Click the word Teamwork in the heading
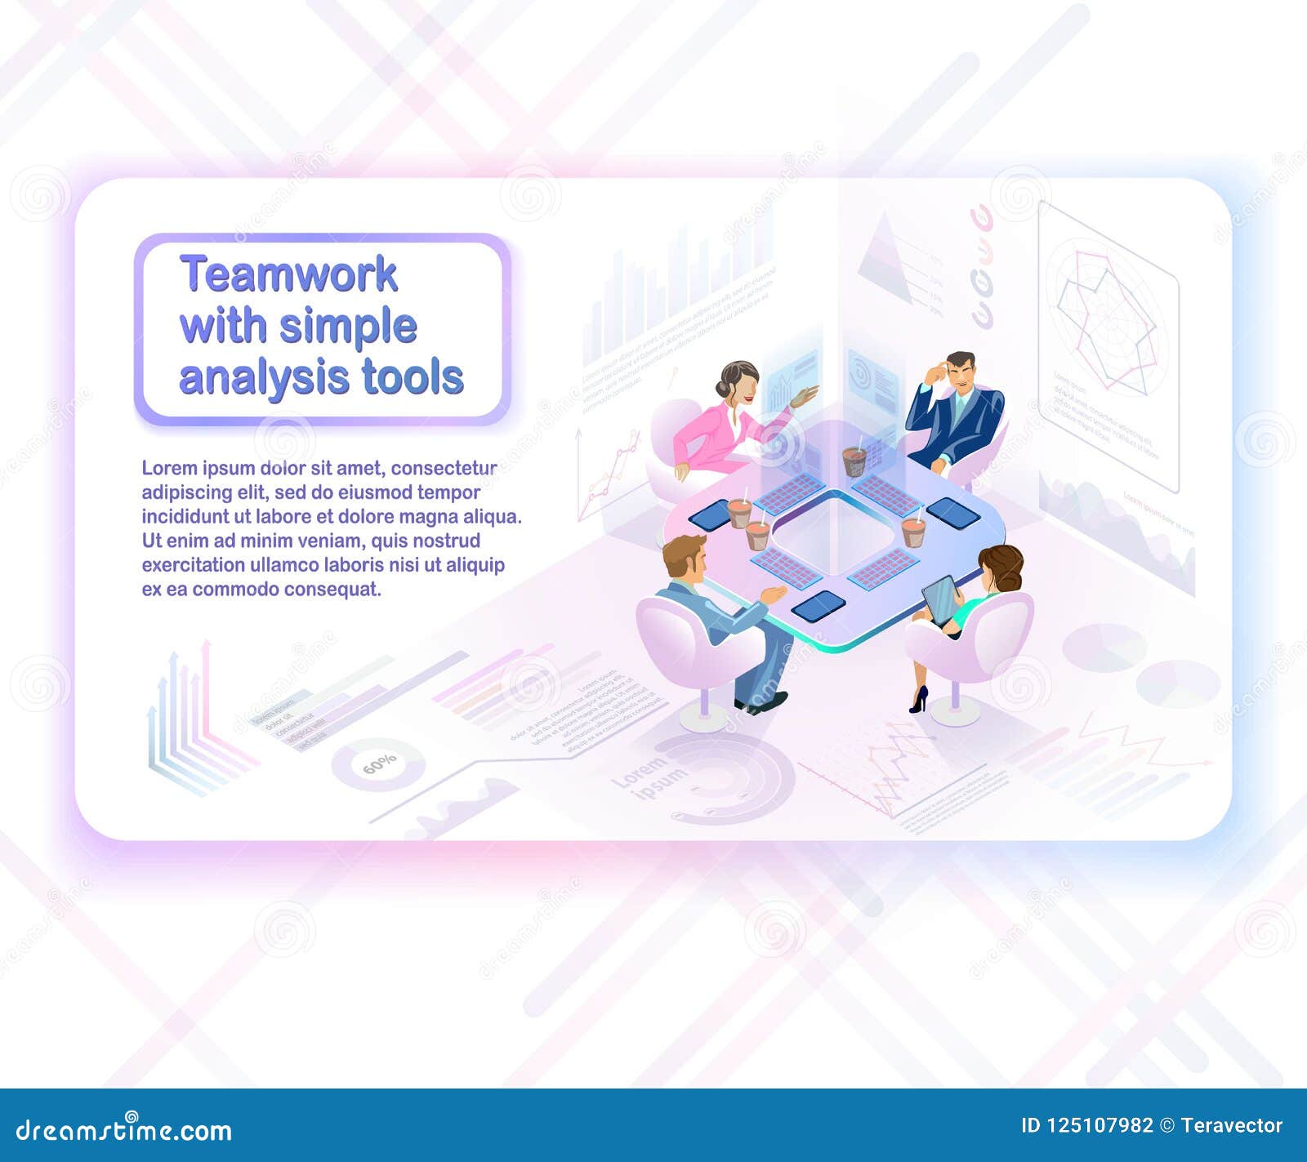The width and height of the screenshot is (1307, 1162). click(288, 274)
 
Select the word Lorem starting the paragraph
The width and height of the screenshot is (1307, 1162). click(169, 468)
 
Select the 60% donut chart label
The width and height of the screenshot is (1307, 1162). click(379, 764)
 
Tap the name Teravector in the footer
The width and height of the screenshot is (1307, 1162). click(1232, 1126)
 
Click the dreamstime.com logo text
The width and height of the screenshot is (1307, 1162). click(124, 1130)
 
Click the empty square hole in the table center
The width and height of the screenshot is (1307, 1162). click(833, 535)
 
